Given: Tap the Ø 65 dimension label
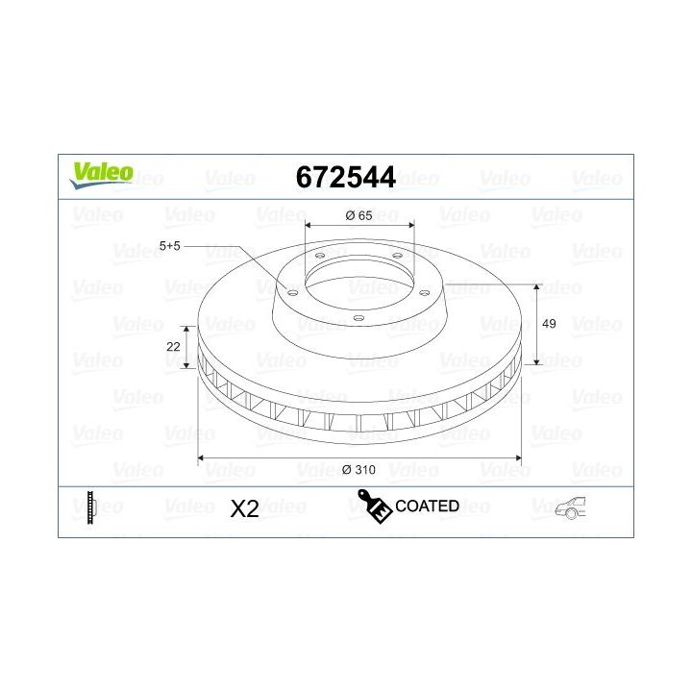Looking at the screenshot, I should click(x=358, y=216).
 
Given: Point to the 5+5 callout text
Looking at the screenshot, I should click(x=169, y=246).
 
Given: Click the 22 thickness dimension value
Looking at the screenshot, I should click(x=174, y=346).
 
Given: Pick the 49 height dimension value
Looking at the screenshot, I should click(x=550, y=325).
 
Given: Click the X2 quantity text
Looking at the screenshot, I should click(x=245, y=508).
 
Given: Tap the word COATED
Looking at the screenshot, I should click(x=427, y=506).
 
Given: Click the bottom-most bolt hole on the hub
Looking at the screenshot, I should click(x=358, y=320).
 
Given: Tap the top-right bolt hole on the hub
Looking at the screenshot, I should click(x=397, y=256).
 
